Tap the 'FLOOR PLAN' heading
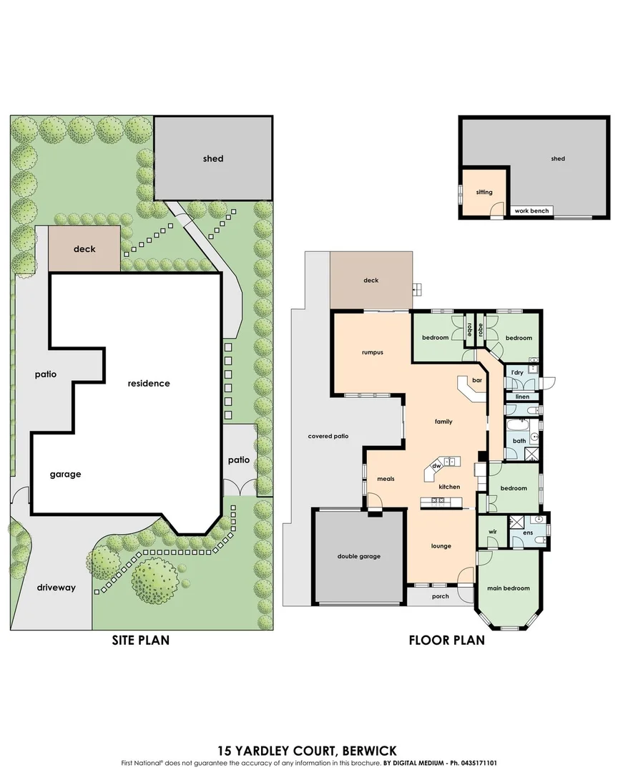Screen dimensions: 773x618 446,640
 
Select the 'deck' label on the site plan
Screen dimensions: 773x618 84,249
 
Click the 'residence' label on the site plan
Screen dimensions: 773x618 149,383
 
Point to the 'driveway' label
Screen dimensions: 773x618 56,588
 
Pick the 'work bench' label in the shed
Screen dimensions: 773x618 531,211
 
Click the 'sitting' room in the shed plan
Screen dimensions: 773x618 484,192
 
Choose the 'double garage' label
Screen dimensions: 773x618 358,556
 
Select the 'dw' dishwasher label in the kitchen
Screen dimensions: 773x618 436,465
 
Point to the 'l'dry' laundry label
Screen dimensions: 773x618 516,372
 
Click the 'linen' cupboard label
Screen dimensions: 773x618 521,396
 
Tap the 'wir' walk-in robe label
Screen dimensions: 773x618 492,532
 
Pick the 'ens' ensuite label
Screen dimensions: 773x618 529,533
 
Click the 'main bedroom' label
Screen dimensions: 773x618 508,588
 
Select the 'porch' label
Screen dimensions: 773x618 440,595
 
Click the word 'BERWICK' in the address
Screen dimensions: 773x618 369,751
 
